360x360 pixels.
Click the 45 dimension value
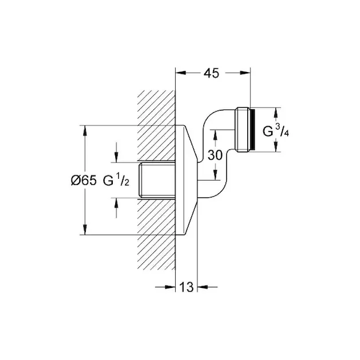point(211,73)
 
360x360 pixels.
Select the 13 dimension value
point(186,287)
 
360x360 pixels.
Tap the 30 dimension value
point(215,155)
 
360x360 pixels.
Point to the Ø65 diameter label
point(83,180)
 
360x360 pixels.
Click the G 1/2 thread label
point(116,179)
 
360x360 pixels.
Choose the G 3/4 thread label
point(276,131)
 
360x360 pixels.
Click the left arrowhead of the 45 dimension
point(181,73)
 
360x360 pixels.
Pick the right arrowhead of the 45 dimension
point(245,73)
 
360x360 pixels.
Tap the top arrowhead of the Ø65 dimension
point(85,131)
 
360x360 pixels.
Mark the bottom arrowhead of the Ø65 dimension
point(85,230)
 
